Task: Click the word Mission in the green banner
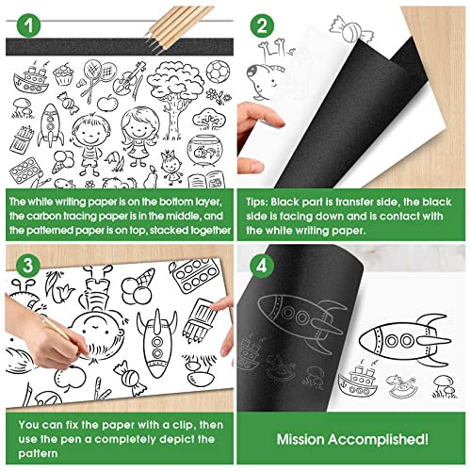coord(302,439)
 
